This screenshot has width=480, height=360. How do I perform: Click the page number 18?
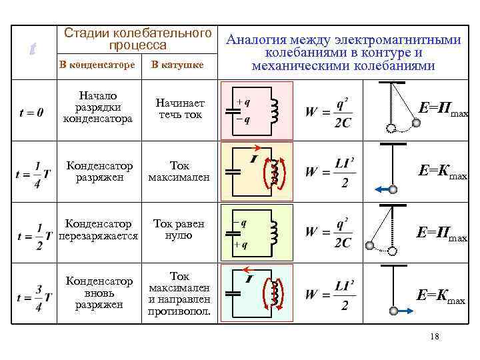click(x=435, y=337)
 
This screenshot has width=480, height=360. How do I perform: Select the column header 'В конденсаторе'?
click(x=97, y=65)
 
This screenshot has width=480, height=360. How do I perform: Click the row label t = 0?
click(x=32, y=113)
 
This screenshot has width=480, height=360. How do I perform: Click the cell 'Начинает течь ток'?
click(x=180, y=109)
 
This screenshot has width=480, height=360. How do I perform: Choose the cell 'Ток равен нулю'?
click(x=179, y=229)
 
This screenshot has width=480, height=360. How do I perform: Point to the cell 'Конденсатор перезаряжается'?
click(x=98, y=229)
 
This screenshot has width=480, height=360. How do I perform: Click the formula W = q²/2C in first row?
click(x=329, y=112)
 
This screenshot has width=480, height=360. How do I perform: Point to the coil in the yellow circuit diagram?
click(x=273, y=172)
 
